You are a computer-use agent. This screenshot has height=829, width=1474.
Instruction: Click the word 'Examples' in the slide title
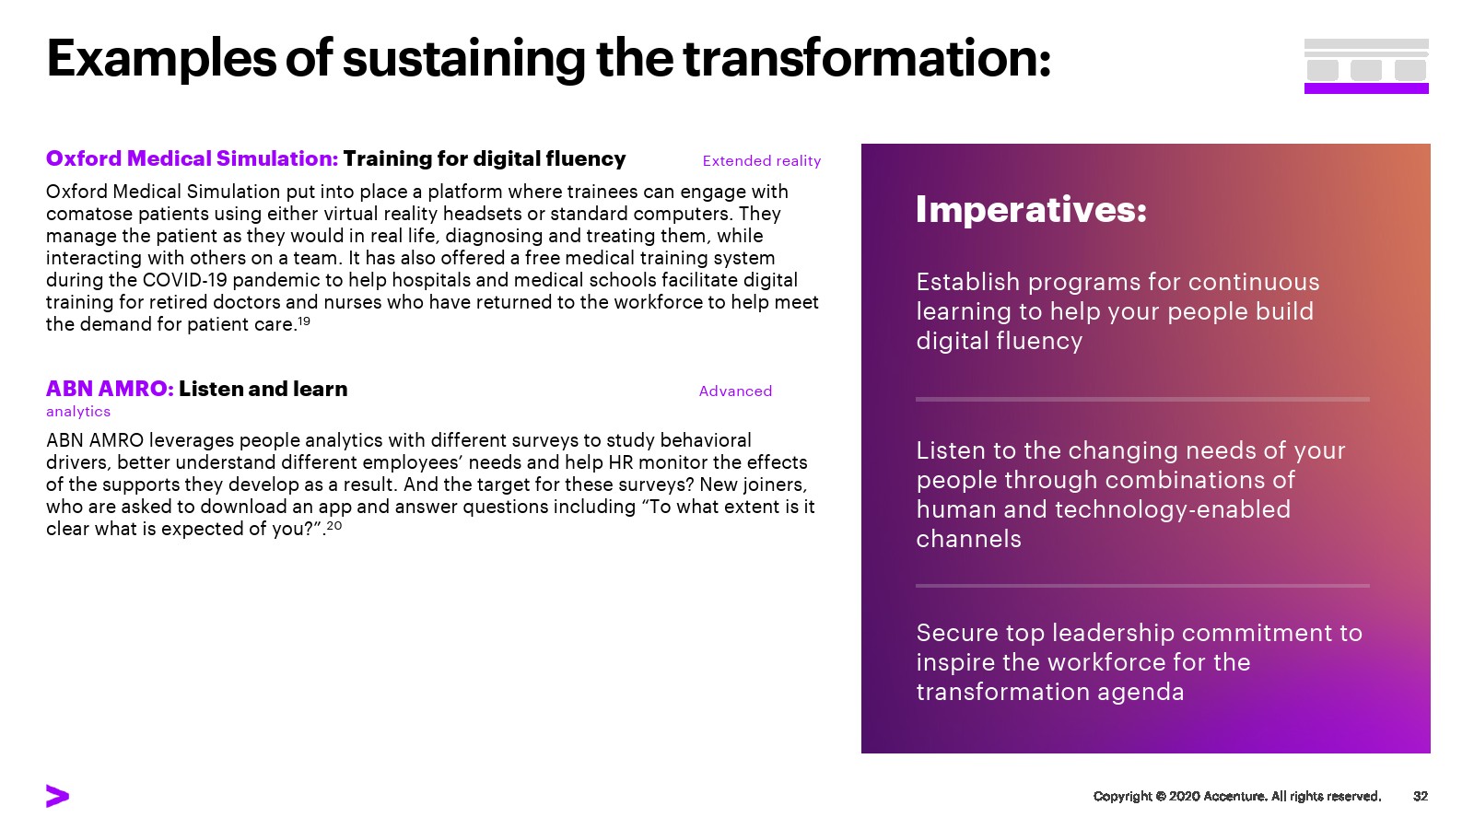[x=161, y=59]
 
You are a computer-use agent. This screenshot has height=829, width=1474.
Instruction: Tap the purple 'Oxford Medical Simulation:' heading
[x=192, y=158]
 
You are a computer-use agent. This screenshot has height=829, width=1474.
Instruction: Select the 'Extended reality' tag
[x=761, y=161]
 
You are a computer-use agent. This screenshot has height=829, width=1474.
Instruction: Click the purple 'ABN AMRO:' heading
[x=110, y=389]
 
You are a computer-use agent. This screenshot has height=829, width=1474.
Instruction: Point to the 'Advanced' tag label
[x=735, y=391]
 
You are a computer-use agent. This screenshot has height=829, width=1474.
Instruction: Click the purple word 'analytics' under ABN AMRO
[x=78, y=412]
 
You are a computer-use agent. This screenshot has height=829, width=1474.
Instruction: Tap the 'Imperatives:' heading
[x=1031, y=210]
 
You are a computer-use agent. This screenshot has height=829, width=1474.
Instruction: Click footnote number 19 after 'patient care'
[x=303, y=321]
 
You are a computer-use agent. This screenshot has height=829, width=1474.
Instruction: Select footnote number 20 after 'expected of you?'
[x=334, y=525]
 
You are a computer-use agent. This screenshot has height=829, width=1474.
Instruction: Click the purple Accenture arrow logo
[x=57, y=796]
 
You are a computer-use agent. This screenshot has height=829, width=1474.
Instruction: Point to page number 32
[x=1420, y=796]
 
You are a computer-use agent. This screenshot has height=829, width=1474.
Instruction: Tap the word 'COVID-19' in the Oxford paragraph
[x=185, y=280]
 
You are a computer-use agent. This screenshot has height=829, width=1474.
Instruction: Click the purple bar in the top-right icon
[x=1366, y=88]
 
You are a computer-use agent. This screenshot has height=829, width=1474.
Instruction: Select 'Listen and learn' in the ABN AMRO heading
[x=263, y=389]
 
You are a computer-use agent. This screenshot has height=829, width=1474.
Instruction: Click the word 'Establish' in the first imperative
[x=968, y=282]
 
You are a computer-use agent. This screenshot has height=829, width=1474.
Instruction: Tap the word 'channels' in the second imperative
[x=968, y=540]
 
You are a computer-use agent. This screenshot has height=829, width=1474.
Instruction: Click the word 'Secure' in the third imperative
[x=957, y=633]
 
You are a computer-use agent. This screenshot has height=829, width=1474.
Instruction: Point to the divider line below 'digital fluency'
[x=1142, y=400]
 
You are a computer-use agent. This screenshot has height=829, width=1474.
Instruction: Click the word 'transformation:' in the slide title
[x=867, y=59]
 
